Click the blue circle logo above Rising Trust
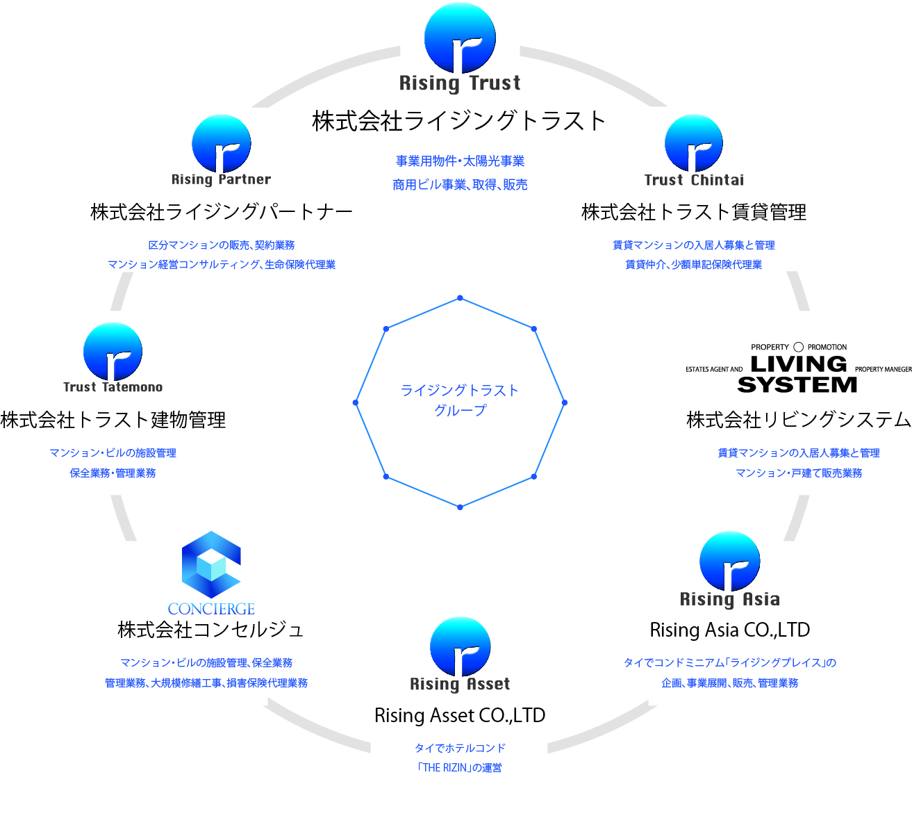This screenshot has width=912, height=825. pyautogui.click(x=460, y=38)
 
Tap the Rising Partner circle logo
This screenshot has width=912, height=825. pyautogui.click(x=222, y=144)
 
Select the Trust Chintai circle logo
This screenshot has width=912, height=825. pyautogui.click(x=694, y=143)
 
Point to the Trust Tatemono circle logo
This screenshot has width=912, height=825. pyautogui.click(x=113, y=351)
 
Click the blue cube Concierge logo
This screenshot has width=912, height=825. pyautogui.click(x=211, y=564)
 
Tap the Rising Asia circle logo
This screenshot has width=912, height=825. pyautogui.click(x=730, y=561)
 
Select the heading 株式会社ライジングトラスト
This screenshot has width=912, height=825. pyautogui.click(x=458, y=121)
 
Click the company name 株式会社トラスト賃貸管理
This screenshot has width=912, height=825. pyautogui.click(x=694, y=212)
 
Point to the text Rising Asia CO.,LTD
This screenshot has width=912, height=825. pyautogui.click(x=730, y=630)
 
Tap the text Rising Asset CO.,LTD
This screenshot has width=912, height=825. pyautogui.click(x=460, y=715)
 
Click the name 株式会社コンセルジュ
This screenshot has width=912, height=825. pyautogui.click(x=210, y=630)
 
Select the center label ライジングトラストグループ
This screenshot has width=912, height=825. pyautogui.click(x=460, y=400)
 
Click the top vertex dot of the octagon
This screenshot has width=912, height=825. pyautogui.click(x=460, y=298)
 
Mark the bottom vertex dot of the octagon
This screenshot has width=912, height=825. pyautogui.click(x=460, y=507)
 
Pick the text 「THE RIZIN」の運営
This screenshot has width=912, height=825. pyautogui.click(x=460, y=768)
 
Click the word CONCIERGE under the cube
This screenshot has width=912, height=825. pyautogui.click(x=211, y=608)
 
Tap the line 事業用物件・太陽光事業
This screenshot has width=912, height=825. pyautogui.click(x=460, y=161)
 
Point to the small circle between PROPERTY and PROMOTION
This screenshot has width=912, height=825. pyautogui.click(x=798, y=347)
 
